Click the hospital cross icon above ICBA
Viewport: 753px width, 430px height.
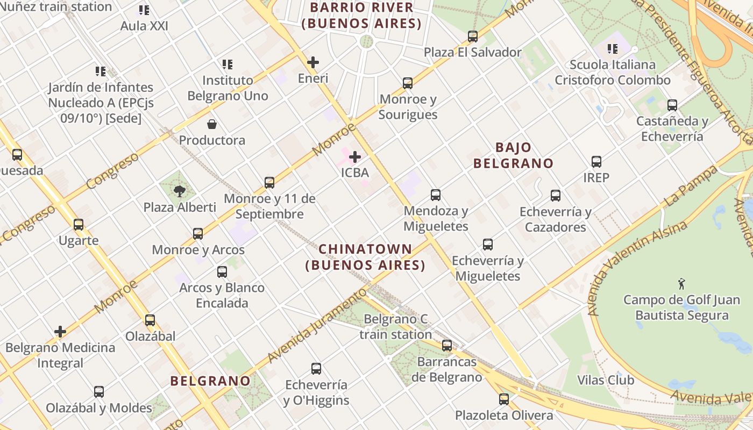coord(355,157)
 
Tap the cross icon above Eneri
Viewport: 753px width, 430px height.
coord(313,62)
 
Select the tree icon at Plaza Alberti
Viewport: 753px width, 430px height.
coord(180,191)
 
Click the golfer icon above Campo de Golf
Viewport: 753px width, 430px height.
coord(682,283)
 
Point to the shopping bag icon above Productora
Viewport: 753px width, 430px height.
coord(212,125)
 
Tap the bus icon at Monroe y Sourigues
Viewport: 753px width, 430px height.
coord(408,83)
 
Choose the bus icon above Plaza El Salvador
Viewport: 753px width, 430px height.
coord(473,37)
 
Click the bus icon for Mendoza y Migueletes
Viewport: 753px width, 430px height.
coord(436,195)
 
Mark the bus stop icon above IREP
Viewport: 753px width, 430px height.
coord(596,162)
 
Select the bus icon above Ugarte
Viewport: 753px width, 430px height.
coord(79,225)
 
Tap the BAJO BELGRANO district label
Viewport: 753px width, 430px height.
coord(513,155)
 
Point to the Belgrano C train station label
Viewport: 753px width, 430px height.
coord(396,327)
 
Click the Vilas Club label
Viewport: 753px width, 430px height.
coord(606,380)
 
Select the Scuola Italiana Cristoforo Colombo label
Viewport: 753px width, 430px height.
coord(613,73)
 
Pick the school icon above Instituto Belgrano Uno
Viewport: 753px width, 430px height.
coord(228,64)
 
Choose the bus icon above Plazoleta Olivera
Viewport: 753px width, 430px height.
coord(504,399)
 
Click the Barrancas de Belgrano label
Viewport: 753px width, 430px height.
coord(447,369)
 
